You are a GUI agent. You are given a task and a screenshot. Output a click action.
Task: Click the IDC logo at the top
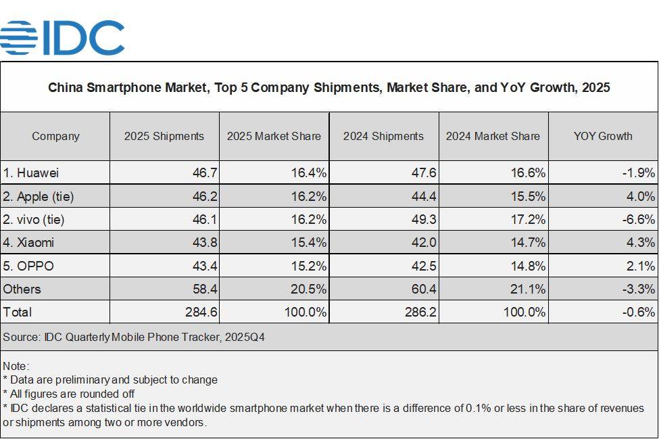click(62, 37)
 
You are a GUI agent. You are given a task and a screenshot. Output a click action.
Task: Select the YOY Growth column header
click(603, 136)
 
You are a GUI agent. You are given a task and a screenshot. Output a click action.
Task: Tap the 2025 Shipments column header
click(164, 136)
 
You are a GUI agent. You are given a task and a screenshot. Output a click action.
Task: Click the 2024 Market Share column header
click(493, 136)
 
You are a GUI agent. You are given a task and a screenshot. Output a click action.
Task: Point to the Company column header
click(55, 136)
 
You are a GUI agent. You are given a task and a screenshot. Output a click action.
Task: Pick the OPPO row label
click(28, 266)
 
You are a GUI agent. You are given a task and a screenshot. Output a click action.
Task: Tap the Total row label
click(18, 312)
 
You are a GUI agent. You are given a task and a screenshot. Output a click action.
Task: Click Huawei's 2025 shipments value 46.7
click(204, 173)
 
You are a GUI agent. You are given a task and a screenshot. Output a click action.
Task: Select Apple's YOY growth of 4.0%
click(641, 197)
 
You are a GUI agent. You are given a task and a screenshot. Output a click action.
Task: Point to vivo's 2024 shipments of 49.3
click(423, 219)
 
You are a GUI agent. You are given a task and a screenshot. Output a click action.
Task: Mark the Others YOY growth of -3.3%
click(639, 289)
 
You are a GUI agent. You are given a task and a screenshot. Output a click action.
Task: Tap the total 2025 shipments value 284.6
click(200, 312)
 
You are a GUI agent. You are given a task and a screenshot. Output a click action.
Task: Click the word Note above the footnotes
click(16, 366)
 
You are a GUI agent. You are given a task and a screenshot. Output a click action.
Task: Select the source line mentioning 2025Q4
click(134, 337)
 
